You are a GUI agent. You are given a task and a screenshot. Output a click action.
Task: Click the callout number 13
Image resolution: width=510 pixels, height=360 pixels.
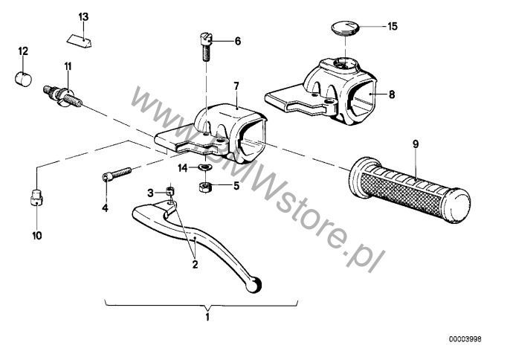pos(83,16)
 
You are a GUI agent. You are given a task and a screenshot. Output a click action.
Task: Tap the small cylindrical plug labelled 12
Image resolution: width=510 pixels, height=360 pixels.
pos(24,78)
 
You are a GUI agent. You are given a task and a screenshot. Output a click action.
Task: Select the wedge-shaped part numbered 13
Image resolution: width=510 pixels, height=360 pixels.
pos(80,40)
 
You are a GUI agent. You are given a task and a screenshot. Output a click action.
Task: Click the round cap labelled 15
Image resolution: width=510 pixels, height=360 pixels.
pos(346,27)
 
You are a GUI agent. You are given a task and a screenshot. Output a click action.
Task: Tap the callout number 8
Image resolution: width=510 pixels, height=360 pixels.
pos(392,94)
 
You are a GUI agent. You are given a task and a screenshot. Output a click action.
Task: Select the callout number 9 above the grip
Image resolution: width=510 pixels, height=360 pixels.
pos(416,144)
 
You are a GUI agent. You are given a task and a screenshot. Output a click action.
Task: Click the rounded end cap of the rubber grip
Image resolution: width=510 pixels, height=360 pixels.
pos(458,206)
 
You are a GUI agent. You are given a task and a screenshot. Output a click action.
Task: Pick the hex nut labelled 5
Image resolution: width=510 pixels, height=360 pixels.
pos(205,187)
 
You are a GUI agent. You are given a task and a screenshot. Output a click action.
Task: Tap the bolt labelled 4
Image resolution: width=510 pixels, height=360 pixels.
pos(117,174)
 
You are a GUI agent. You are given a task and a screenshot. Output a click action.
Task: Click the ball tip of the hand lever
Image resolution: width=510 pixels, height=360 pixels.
pos(254,285)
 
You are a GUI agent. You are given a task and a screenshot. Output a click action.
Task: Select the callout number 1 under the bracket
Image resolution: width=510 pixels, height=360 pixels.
pos(207,317)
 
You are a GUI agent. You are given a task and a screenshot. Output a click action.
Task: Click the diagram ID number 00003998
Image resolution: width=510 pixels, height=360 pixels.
pos(465,339)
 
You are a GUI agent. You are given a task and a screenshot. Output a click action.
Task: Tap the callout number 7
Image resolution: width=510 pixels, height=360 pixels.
pos(236,86)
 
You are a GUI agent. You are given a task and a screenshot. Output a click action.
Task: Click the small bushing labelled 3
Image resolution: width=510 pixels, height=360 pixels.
pos(170,191)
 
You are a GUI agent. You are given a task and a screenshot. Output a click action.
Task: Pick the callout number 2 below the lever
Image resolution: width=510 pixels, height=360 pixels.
pos(195,264)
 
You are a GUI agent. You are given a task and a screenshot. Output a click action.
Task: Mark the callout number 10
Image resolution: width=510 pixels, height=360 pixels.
pos(37,235)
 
